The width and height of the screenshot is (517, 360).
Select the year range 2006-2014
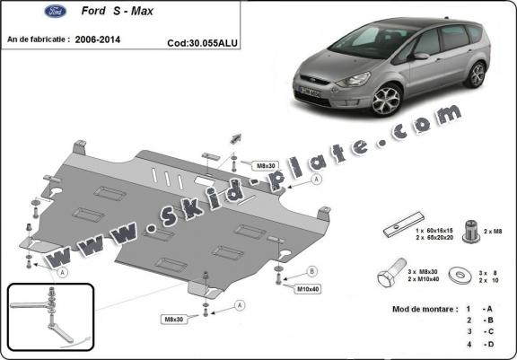tap(99, 40)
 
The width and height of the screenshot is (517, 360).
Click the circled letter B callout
tap(312, 270)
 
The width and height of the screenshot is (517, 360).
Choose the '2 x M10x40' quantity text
tap(425, 279)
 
